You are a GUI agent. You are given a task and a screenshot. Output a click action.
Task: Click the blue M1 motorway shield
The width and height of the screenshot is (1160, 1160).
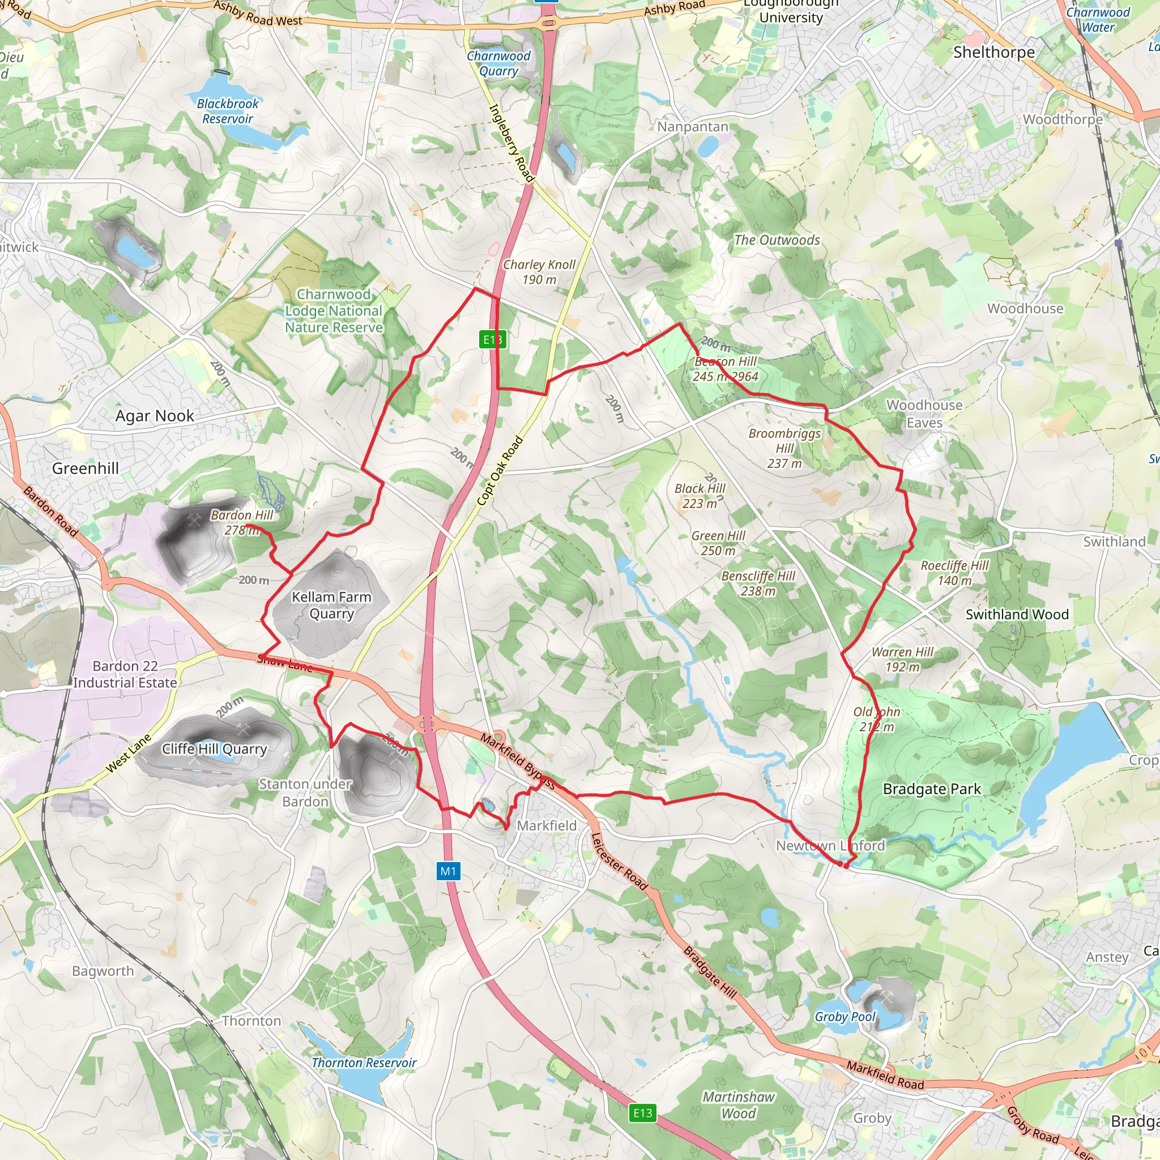tap(449, 871)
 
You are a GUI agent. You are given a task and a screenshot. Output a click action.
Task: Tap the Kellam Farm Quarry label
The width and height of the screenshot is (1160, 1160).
tap(331, 605)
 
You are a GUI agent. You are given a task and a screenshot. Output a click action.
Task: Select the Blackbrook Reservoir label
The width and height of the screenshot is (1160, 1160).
tap(228, 111)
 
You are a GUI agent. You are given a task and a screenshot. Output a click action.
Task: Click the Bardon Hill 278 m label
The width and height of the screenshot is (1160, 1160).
tap(241, 522)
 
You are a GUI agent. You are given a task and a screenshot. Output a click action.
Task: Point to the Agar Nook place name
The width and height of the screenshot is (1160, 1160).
tap(155, 416)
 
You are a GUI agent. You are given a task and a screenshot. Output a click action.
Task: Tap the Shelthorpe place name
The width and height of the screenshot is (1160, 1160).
tap(993, 52)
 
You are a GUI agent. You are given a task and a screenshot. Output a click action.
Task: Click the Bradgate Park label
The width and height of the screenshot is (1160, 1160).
tap(932, 789)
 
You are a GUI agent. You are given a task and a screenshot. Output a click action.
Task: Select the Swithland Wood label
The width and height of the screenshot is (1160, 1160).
tap(1017, 614)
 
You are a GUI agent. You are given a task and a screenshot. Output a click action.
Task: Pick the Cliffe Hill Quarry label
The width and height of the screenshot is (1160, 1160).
tap(214, 749)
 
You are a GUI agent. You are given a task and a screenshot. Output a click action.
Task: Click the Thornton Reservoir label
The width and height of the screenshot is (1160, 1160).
tap(364, 1063)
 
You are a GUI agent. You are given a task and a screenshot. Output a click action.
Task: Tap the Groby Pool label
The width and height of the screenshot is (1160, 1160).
tap(845, 1017)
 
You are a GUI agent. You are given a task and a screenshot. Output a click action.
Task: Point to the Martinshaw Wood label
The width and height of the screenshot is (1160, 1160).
tap(739, 1104)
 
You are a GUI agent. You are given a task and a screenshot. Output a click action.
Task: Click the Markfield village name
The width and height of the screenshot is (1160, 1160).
tap(547, 826)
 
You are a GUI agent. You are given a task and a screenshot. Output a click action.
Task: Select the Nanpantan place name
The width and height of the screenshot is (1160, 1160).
tap(692, 127)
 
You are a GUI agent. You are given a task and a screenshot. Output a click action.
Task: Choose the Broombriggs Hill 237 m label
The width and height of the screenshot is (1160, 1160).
tap(784, 448)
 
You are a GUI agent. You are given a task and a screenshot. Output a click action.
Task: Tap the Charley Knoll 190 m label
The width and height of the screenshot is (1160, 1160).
tap(539, 272)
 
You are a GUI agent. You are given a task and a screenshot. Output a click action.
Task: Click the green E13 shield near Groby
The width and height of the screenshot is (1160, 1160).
tap(642, 1113)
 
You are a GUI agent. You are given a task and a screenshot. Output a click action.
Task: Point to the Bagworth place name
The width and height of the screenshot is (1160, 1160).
tap(103, 971)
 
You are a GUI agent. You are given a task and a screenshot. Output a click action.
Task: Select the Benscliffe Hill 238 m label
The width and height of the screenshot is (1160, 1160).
tap(758, 583)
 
